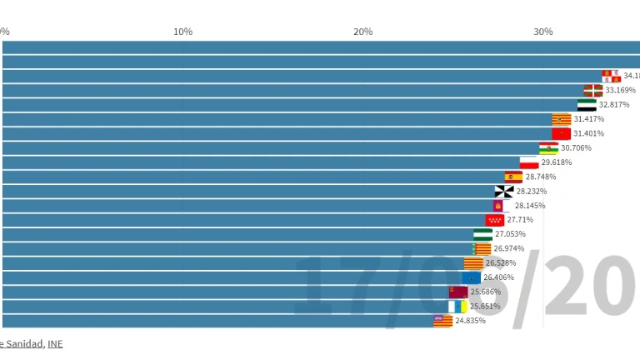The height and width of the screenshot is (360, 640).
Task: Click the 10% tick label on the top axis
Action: [182, 32]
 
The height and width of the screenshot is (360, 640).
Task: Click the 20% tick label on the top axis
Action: [362, 32]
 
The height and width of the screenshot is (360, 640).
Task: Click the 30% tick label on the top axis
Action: [542, 32]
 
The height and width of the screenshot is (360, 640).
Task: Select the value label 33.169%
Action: [620, 90]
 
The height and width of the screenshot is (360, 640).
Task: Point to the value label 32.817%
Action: [614, 105]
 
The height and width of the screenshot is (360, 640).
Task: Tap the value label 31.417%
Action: [588, 119]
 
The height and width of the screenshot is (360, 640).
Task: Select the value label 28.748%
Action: [541, 177]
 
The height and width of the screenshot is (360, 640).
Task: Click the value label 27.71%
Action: [520, 220]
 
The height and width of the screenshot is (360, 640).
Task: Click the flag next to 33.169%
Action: [592, 90]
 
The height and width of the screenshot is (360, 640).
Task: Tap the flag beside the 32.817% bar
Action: [587, 105]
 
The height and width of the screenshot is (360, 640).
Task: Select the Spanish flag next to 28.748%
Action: [513, 177]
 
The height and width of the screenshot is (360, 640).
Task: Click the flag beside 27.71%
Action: [495, 220]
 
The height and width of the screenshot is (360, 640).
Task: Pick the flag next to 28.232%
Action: [504, 191]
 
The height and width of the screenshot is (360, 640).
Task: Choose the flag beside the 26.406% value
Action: [471, 277]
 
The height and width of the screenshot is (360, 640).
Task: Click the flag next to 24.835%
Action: [442, 320]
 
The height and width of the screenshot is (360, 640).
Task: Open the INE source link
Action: [55, 343]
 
